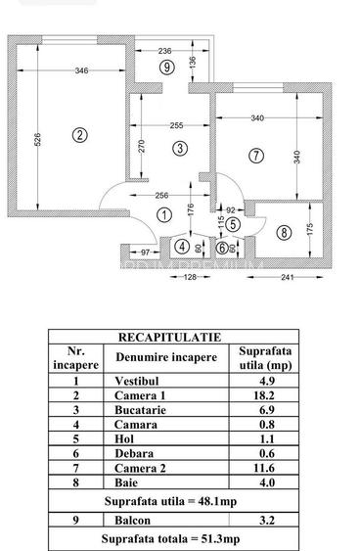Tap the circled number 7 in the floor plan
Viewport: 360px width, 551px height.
[x=256, y=155]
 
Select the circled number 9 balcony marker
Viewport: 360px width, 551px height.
[x=167, y=68]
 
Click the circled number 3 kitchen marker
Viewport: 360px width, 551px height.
[x=179, y=148]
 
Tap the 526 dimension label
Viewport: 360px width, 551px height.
[x=36, y=139]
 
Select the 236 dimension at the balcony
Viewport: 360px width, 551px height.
[x=165, y=50]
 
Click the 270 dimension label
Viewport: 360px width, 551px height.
[x=141, y=147]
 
